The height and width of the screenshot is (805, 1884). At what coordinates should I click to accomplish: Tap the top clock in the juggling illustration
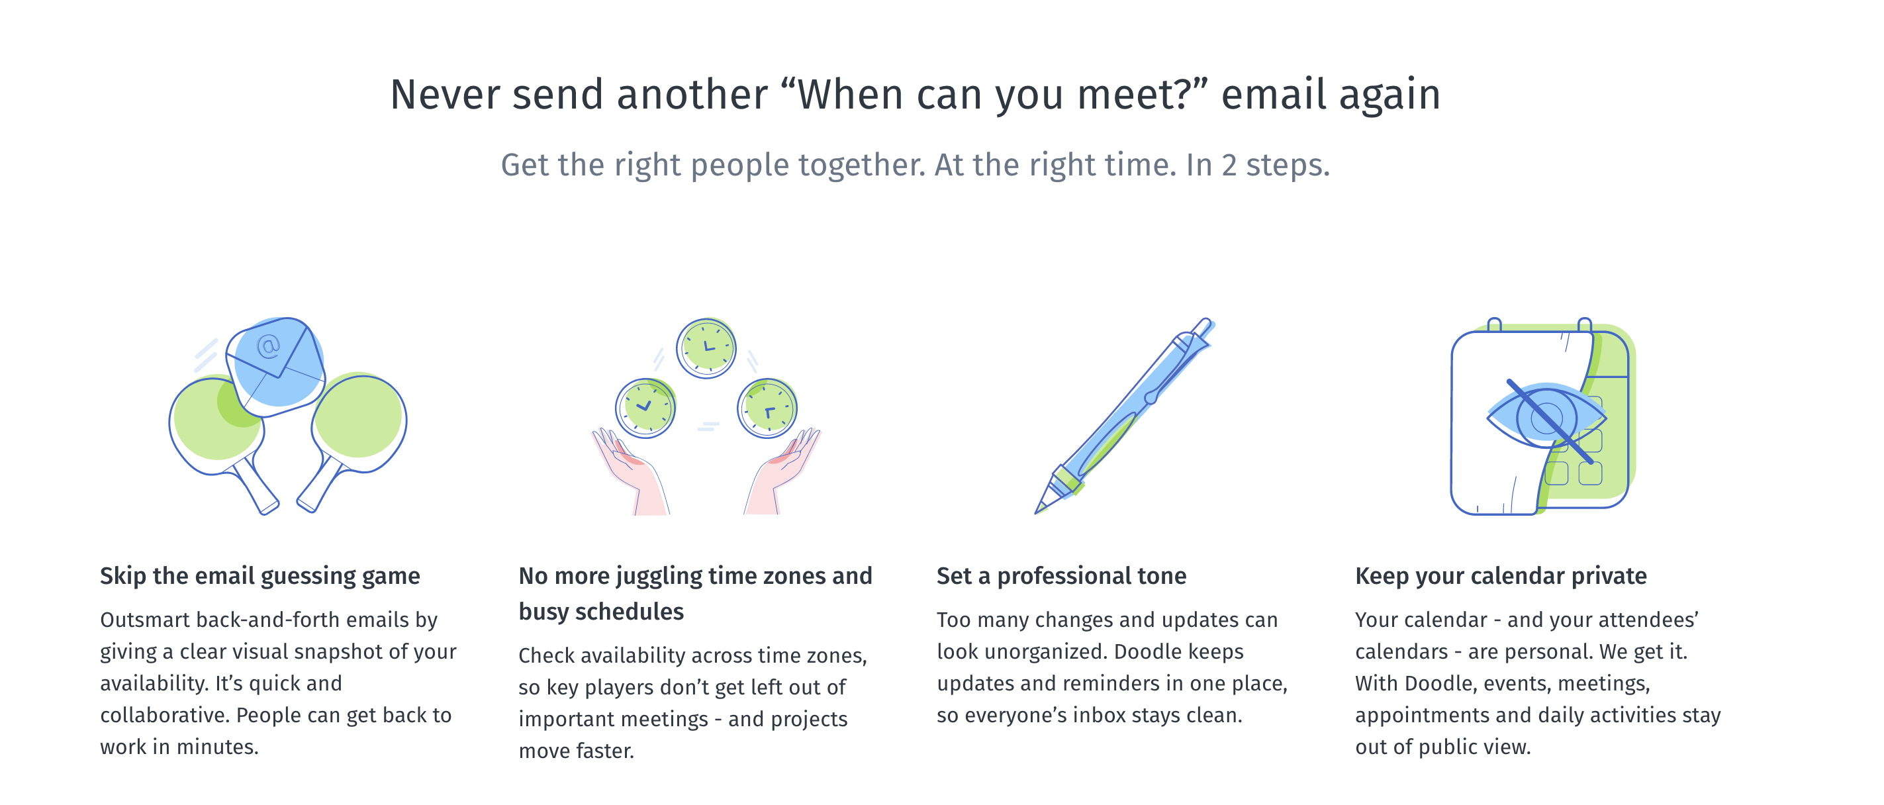(x=706, y=348)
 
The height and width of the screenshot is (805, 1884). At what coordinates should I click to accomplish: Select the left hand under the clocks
(x=630, y=471)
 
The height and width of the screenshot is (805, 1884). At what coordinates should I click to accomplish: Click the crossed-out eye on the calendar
(x=1547, y=419)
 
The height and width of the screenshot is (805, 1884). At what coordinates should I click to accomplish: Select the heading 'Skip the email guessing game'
(x=259, y=576)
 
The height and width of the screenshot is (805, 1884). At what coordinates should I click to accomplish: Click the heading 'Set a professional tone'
(x=1061, y=576)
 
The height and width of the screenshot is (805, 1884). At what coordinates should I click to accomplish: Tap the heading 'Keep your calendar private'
(x=1501, y=576)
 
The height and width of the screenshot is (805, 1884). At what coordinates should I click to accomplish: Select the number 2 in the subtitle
(x=1229, y=166)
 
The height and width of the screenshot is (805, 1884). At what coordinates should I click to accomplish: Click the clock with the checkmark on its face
(x=645, y=408)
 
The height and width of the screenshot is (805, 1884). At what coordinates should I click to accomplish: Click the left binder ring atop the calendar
(x=1494, y=324)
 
